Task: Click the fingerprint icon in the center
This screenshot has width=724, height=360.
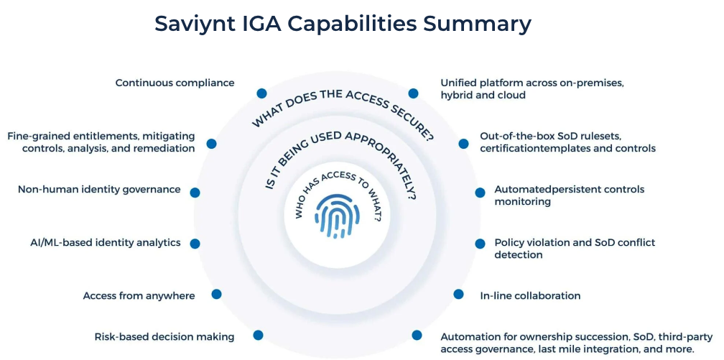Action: tap(337, 215)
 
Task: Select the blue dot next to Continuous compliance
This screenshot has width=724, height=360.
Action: tap(261, 93)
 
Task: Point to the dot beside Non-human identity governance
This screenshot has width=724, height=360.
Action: tap(195, 193)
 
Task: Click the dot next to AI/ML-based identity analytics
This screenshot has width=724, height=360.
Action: tap(195, 244)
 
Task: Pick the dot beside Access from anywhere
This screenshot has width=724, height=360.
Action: tap(216, 294)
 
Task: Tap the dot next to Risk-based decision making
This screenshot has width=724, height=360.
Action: tap(258, 335)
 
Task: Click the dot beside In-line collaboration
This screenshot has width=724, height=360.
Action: tap(458, 294)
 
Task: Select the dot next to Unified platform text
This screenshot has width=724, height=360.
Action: tap(413, 93)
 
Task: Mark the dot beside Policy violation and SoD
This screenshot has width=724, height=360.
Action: tap(480, 244)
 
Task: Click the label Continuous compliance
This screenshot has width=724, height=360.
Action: tap(175, 83)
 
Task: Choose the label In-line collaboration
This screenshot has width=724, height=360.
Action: tap(530, 295)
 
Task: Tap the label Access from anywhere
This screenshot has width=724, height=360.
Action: tap(139, 295)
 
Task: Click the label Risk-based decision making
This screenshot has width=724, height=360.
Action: tap(164, 336)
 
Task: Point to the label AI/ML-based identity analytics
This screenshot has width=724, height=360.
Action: tap(101, 243)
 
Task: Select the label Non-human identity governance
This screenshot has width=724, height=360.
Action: tap(99, 190)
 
